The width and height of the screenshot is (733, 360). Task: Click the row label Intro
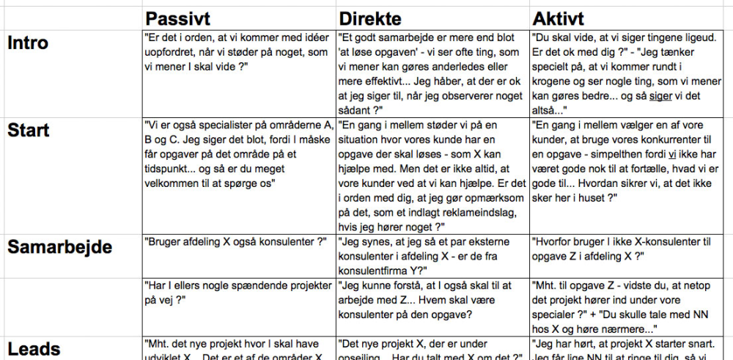click(x=28, y=43)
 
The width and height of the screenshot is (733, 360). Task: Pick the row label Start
click(x=29, y=130)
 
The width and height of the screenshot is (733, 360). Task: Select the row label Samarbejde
click(x=60, y=246)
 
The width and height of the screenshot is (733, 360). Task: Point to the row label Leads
click(x=33, y=349)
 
